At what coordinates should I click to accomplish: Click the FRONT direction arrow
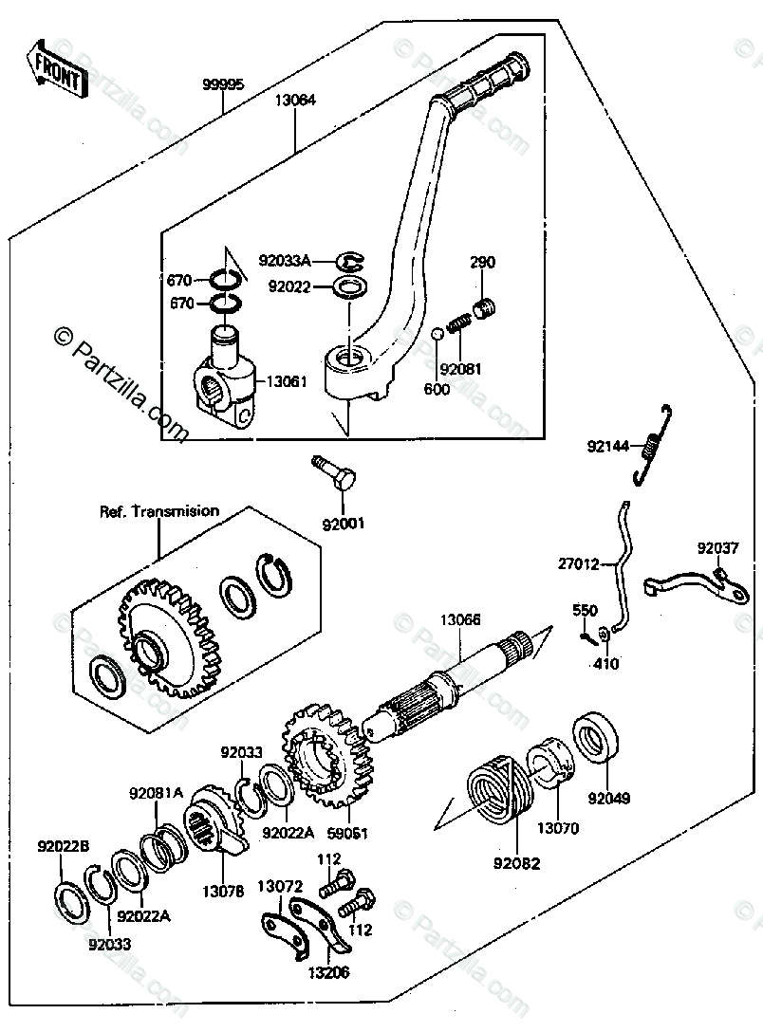click(56, 67)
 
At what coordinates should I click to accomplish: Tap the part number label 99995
click(223, 84)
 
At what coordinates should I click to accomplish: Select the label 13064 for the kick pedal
click(296, 100)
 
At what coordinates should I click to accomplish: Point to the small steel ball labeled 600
click(437, 335)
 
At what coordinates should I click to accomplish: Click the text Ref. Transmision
click(159, 511)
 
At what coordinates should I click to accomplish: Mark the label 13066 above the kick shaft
click(459, 620)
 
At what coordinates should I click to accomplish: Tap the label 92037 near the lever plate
click(716, 548)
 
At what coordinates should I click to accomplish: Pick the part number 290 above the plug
click(482, 263)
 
